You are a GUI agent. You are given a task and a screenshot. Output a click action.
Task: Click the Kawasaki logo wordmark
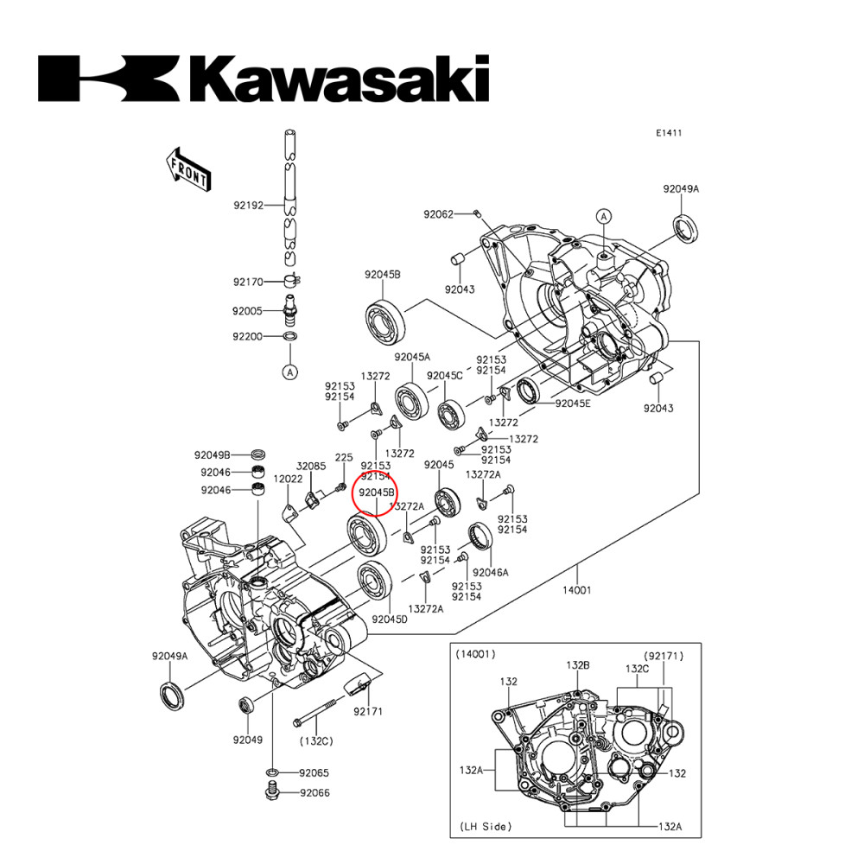264,79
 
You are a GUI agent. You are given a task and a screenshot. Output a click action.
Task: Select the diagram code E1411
668,133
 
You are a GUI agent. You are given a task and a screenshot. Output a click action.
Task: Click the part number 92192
247,206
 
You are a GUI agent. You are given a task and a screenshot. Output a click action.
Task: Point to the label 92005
247,310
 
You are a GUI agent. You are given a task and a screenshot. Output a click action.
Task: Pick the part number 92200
247,337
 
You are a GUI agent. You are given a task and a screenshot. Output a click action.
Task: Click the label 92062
438,213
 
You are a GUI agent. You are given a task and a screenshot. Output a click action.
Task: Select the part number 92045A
412,357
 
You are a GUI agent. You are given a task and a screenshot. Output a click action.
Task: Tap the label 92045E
573,403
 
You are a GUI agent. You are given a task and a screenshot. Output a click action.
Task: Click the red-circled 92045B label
377,492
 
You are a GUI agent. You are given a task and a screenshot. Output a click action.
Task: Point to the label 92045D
390,619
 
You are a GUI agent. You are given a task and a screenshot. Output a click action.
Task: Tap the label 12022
288,479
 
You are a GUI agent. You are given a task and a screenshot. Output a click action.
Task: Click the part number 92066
315,792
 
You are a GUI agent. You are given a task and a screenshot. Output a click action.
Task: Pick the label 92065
315,772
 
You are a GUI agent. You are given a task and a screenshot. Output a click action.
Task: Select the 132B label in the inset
577,665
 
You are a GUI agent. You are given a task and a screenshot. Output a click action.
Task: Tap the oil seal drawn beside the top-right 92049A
686,228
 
